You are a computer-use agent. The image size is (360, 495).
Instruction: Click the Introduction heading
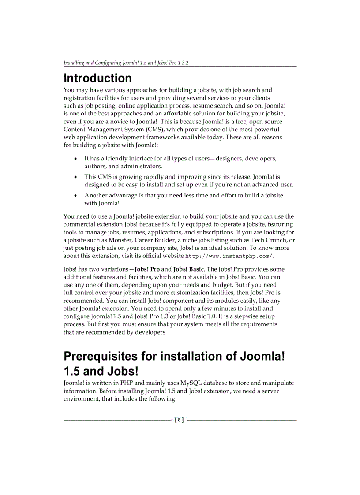pos(97,78)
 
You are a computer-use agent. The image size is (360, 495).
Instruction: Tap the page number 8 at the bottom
pos(180,420)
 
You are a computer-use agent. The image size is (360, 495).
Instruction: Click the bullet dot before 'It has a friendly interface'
pos(77,159)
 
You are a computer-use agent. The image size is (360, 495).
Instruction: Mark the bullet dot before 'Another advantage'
pos(77,196)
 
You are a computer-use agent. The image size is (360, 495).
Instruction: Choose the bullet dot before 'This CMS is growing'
pos(77,177)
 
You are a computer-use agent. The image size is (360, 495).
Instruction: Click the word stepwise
pos(248,316)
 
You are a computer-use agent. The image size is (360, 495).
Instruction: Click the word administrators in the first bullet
pos(142,167)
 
